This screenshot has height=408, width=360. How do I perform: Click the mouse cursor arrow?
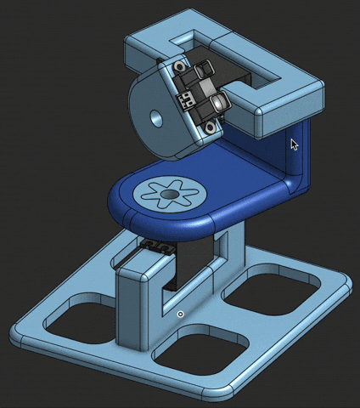click(294, 144)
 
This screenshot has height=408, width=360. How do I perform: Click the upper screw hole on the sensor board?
click(179, 68)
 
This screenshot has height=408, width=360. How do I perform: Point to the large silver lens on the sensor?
click(220, 102)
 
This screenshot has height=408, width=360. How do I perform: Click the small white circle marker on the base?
click(180, 314)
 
